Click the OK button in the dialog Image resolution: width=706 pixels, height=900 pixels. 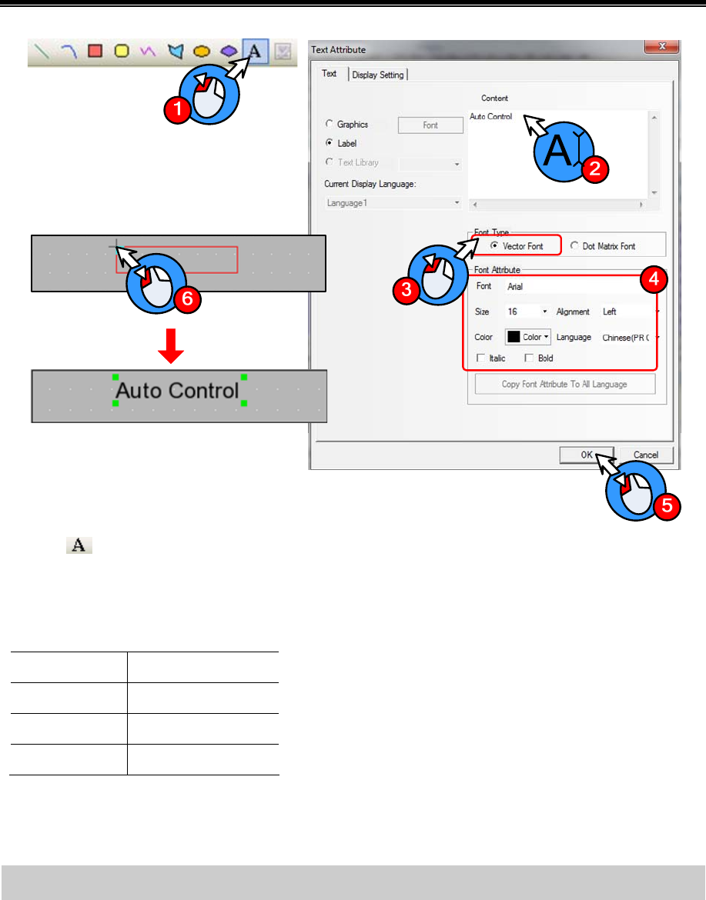click(586, 455)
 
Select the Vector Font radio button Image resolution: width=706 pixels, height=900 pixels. click(494, 245)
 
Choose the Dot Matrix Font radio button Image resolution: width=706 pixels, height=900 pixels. click(575, 245)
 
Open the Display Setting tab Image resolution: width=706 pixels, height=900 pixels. click(378, 75)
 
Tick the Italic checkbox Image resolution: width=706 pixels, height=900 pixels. click(481, 358)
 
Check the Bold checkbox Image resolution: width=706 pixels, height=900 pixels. click(528, 358)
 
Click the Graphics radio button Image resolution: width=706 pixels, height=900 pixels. click(330, 125)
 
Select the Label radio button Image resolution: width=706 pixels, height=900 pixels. click(330, 143)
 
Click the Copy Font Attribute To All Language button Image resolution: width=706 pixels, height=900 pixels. click(565, 384)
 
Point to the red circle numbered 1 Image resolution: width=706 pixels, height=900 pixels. click(178, 110)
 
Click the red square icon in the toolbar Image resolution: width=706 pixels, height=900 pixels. click(95, 52)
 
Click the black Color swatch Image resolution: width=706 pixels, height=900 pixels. click(514, 337)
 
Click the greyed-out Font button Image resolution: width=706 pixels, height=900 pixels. click(430, 125)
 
